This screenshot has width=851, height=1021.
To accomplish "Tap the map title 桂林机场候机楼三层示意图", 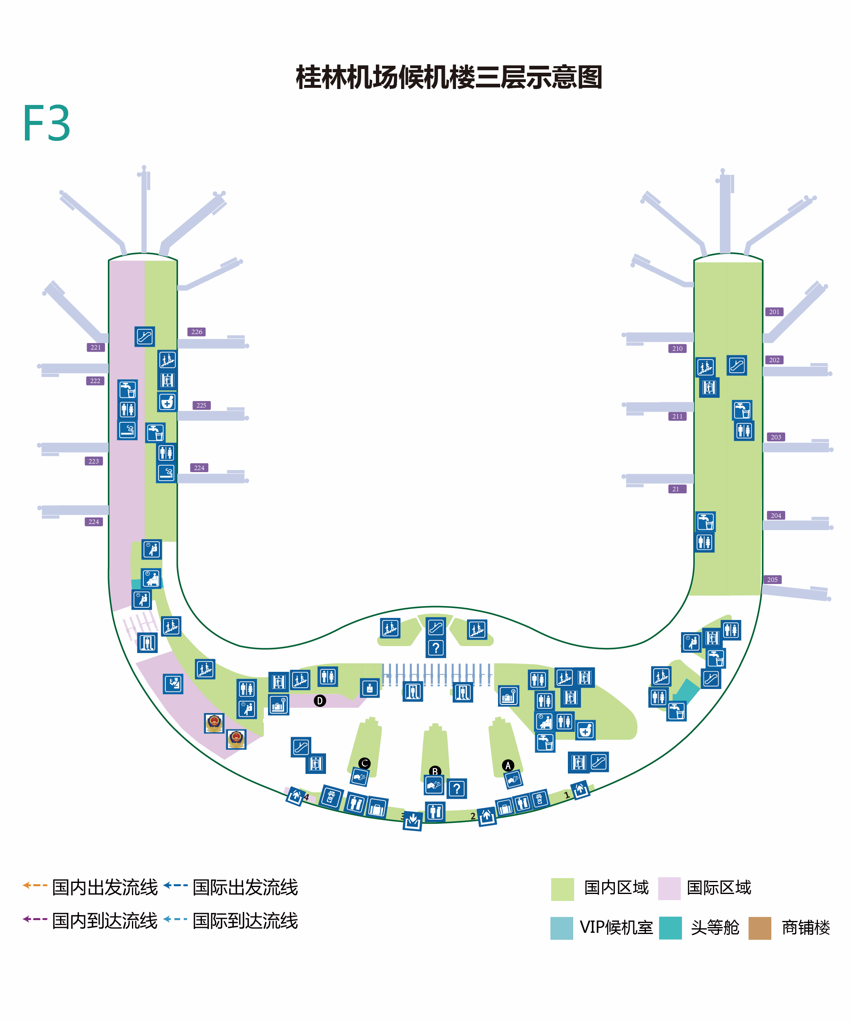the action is [449, 77].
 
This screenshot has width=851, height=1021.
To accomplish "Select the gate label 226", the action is [197, 332].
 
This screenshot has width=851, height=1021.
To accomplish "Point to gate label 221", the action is [96, 347].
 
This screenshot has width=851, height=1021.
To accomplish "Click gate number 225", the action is [201, 405].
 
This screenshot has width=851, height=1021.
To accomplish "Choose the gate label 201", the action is [774, 312].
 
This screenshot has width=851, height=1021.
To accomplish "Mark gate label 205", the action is [772, 580].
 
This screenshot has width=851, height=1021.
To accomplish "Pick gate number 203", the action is [776, 437].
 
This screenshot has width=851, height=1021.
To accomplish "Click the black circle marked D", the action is [319, 700].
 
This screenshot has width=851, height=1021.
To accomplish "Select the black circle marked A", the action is [508, 766].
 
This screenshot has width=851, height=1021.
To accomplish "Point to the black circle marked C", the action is [364, 763].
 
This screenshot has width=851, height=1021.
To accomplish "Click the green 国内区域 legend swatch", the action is [563, 889].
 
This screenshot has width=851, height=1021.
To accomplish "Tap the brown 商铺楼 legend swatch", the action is [760, 928].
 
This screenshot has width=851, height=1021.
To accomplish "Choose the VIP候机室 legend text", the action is [616, 927].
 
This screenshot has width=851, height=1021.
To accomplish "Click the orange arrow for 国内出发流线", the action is [35, 885].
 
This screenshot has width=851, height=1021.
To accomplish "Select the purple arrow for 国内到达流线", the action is [35, 919].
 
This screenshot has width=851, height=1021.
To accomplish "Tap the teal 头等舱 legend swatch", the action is [670, 928].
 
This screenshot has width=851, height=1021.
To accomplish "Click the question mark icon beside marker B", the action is [457, 789].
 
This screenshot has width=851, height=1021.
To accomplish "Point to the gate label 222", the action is [95, 381].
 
